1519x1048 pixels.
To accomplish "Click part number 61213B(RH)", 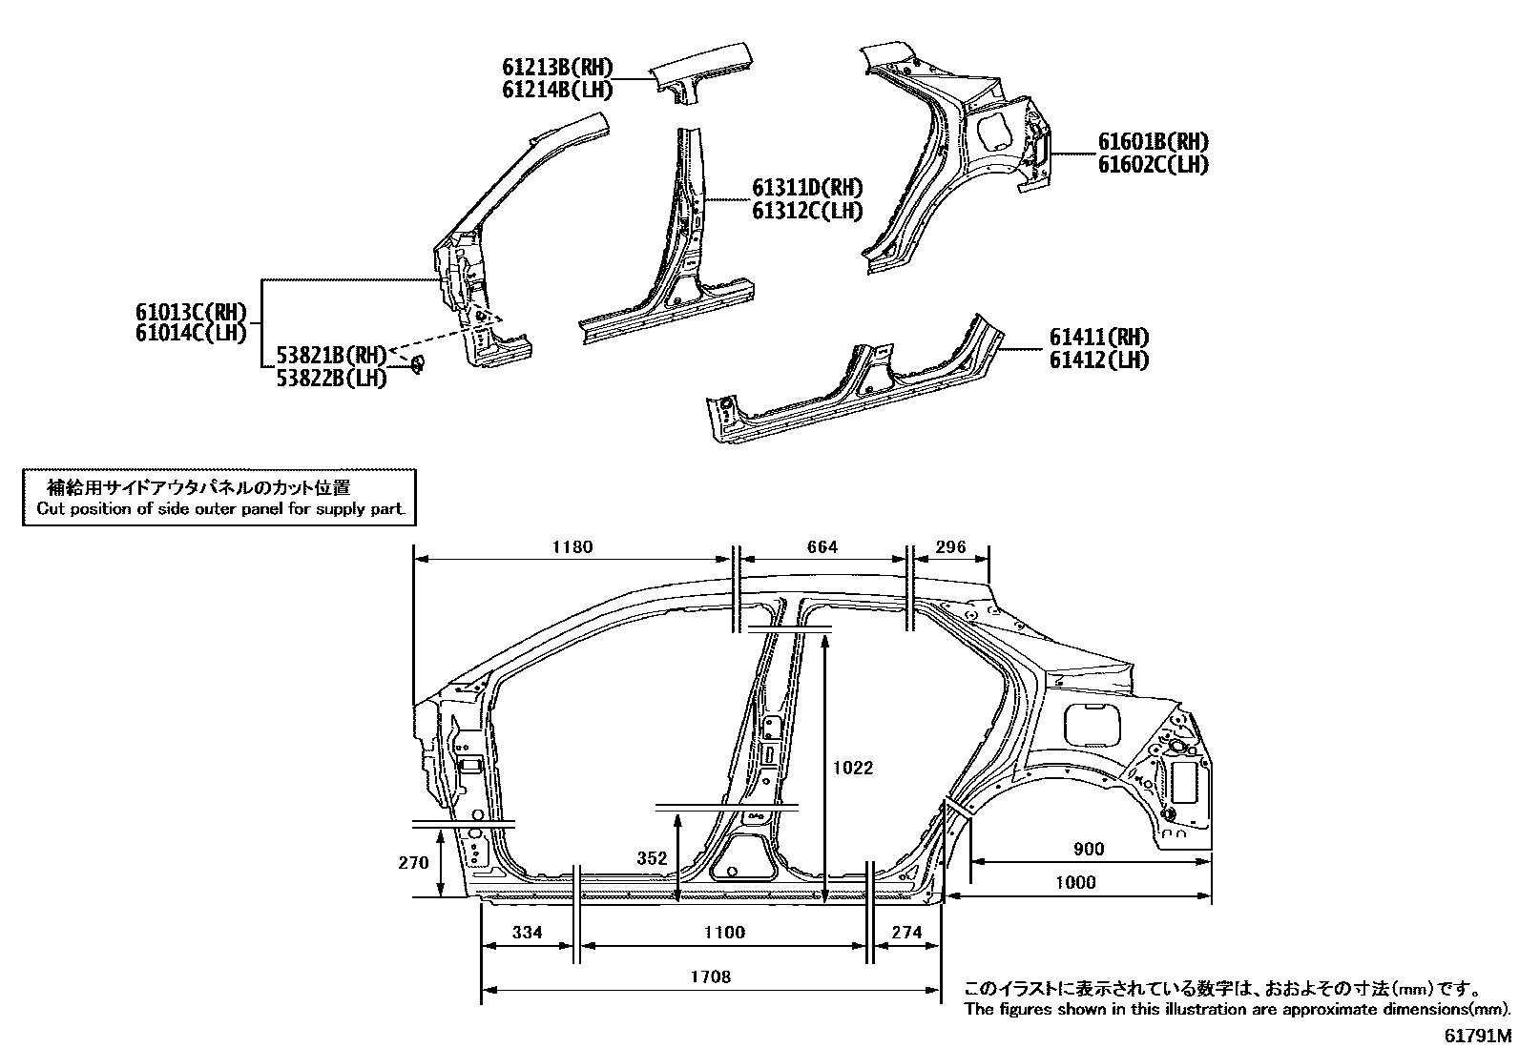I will tap(557, 67).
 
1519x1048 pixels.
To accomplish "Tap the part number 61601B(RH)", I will tap(1153, 142).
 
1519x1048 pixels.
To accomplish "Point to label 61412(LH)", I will tap(1098, 360).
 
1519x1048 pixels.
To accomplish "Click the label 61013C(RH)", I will tap(191, 311).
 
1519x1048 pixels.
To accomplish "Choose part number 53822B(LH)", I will tap(332, 378).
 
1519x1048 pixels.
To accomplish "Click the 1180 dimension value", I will tap(572, 547).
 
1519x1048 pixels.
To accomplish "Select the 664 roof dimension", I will tap(822, 547).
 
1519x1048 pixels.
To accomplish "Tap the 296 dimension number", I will tap(950, 547).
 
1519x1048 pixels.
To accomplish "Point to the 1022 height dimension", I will tap(852, 768).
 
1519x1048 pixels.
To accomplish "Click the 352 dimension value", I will tap(652, 858).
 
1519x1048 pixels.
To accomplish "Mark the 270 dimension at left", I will tap(413, 863).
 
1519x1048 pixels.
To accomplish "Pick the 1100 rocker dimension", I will tap(723, 933).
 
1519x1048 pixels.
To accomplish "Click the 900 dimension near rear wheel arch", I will tap(1088, 850).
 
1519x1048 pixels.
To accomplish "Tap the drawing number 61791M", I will tap(1476, 1036).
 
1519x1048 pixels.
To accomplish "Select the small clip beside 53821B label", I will tap(417, 363).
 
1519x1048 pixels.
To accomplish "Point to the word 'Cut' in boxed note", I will tap(49, 508).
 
